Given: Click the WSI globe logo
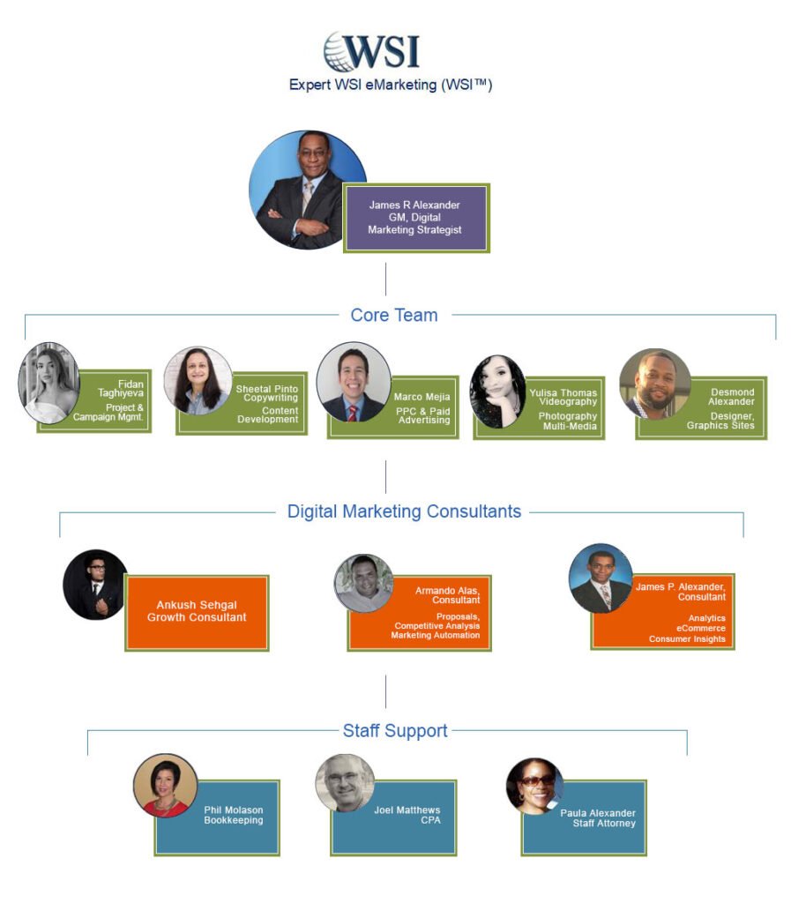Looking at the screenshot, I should (x=370, y=52).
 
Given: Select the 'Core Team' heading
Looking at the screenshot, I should (x=394, y=315).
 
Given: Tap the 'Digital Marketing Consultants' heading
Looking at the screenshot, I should (x=404, y=511).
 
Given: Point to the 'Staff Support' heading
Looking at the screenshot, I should (x=395, y=730).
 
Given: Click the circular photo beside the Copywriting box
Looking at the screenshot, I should (x=197, y=381).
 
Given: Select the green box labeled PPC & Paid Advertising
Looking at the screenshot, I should (x=414, y=408).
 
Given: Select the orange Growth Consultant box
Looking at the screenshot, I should (x=198, y=612).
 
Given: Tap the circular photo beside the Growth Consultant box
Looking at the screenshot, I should (x=95, y=585).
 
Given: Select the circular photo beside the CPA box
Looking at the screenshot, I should (x=345, y=783).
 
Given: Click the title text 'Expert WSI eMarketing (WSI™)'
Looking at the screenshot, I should (x=391, y=86).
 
